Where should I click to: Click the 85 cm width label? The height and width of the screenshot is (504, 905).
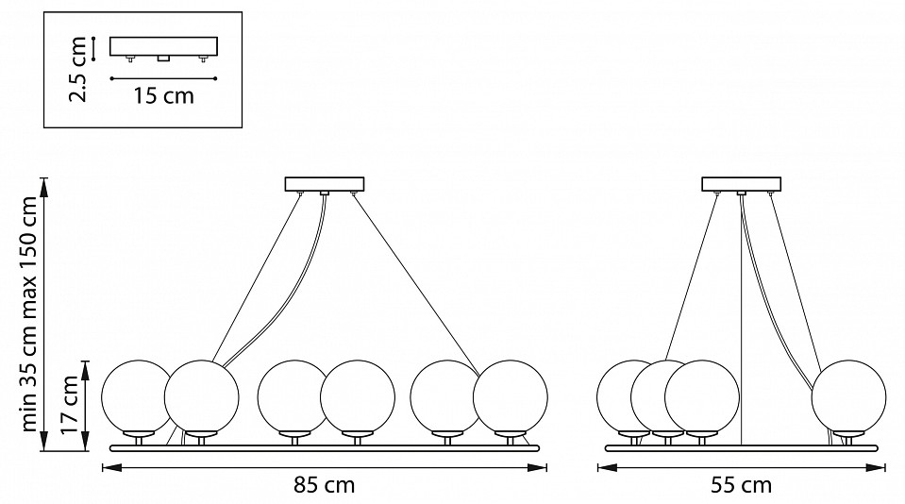point(323,486)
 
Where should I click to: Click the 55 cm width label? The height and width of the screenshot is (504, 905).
point(742,486)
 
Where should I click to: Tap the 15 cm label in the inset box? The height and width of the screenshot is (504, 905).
point(164,95)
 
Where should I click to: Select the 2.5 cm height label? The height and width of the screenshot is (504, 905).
point(79,69)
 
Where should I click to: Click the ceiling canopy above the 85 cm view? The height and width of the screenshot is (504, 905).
point(324,184)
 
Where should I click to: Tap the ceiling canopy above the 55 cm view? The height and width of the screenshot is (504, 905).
point(742,184)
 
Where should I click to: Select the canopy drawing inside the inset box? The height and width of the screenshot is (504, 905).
point(164,46)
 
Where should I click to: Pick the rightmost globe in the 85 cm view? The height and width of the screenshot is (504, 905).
point(511,395)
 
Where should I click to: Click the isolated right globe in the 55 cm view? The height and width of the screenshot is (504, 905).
point(848,395)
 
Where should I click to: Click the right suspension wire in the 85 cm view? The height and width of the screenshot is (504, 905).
point(415,283)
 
